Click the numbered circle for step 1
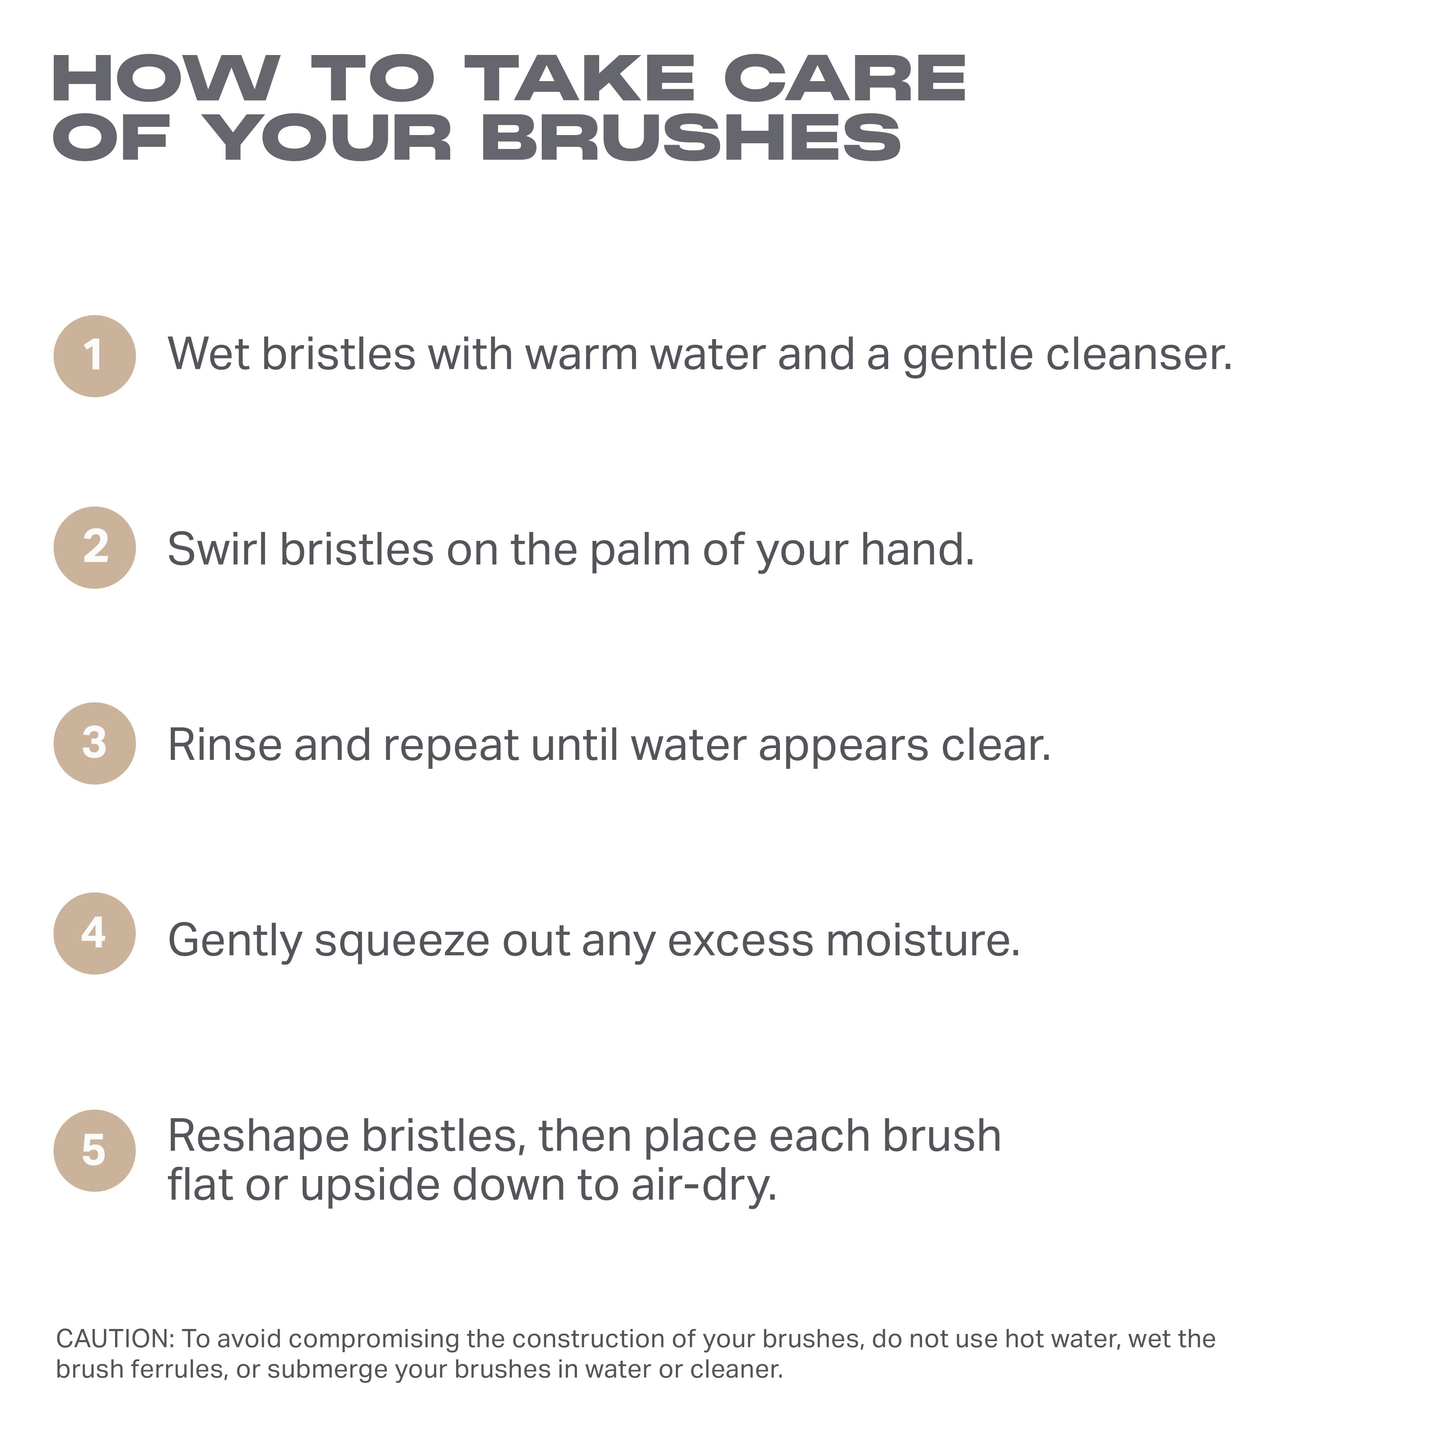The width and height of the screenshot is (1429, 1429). click(95, 357)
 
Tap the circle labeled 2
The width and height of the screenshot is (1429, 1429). click(95, 548)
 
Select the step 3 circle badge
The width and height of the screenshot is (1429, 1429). click(95, 743)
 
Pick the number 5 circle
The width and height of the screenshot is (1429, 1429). click(95, 1151)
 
